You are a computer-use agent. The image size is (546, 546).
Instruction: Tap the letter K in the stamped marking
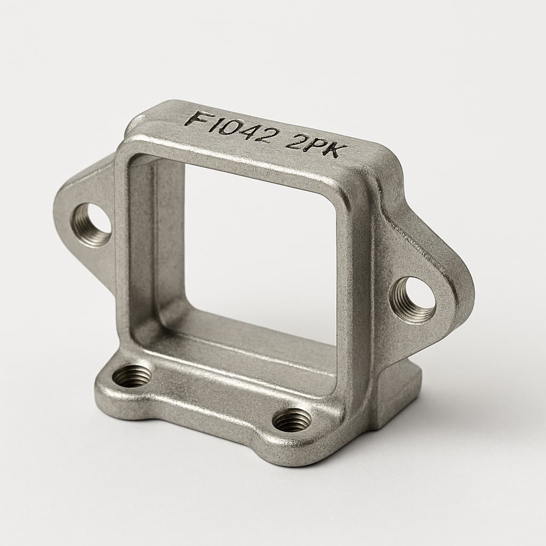coord(328,150)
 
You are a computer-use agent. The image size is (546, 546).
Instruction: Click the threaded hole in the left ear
coord(91,224)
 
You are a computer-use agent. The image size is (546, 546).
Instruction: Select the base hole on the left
coord(132,376)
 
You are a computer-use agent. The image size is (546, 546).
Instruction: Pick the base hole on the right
coord(292,420)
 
